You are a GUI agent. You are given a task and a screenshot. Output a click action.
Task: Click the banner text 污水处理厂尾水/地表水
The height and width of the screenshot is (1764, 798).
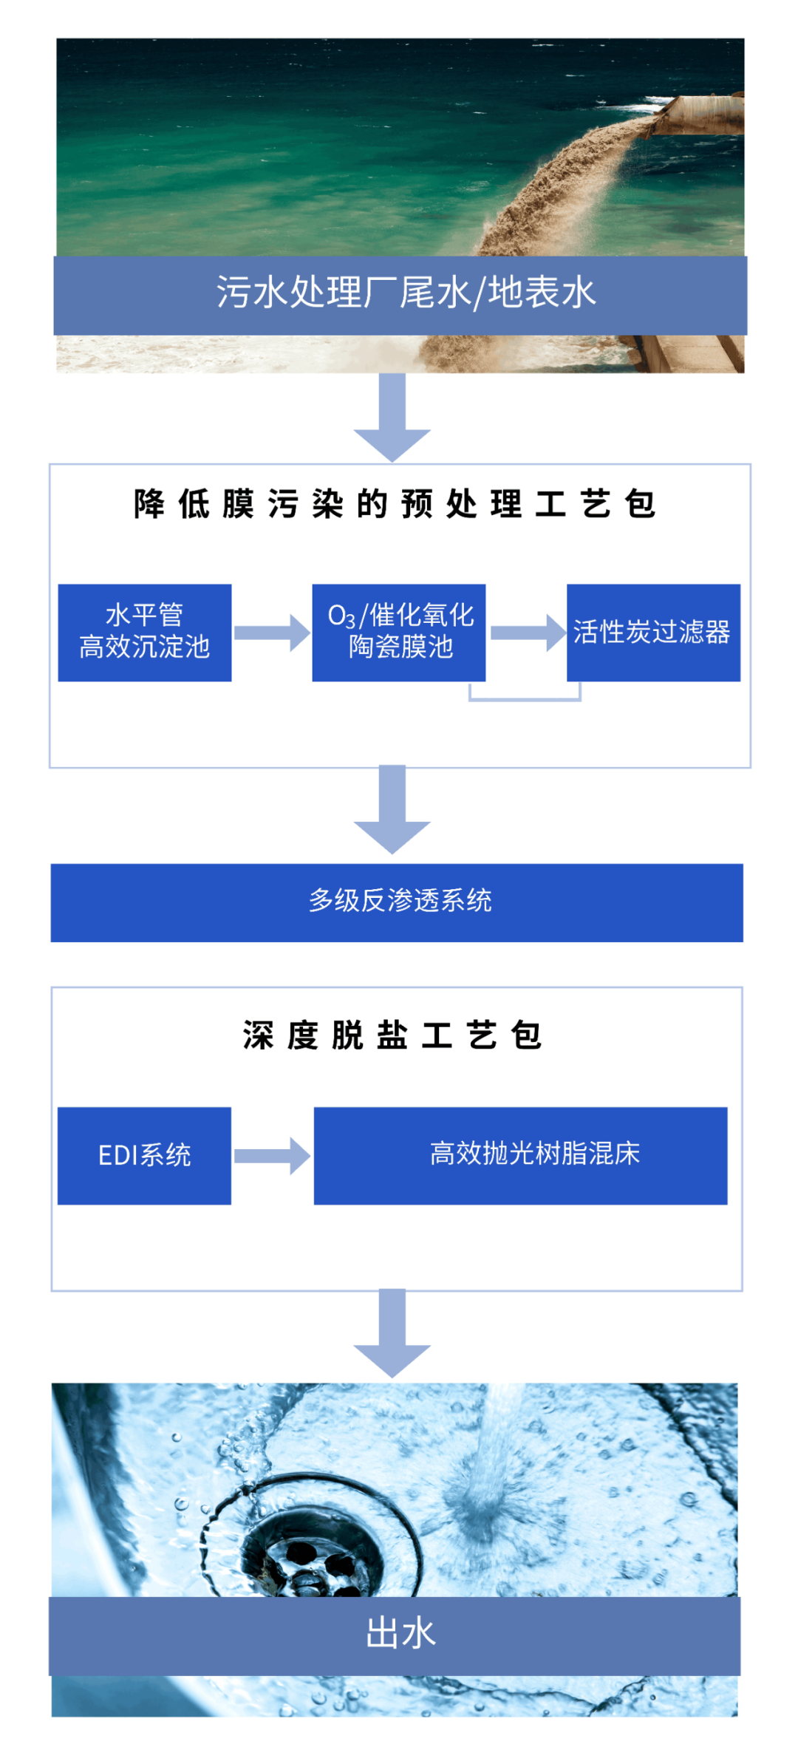click(x=405, y=293)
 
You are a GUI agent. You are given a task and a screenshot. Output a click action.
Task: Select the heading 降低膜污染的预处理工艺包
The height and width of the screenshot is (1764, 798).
click(x=395, y=505)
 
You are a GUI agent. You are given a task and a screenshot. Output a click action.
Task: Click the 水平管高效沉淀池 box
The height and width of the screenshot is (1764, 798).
click(x=145, y=633)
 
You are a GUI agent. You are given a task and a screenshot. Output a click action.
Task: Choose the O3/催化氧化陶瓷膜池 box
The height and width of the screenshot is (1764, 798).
click(x=399, y=633)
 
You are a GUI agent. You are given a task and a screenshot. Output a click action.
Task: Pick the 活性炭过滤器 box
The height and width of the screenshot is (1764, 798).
click(x=653, y=633)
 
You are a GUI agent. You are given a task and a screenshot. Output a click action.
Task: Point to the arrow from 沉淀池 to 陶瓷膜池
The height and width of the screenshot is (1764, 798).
click(x=272, y=633)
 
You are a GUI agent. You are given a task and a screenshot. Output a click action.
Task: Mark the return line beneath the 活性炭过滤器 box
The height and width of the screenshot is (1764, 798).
click(x=525, y=698)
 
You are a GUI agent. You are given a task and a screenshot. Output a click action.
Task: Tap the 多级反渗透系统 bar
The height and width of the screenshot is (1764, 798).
click(x=398, y=902)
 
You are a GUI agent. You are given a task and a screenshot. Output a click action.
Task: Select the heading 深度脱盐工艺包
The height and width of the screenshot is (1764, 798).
click(x=392, y=1035)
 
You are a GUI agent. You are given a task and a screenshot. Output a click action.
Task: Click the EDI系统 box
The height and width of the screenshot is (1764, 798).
click(x=145, y=1156)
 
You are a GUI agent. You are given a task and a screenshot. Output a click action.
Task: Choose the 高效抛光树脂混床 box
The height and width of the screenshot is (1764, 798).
click(x=520, y=1156)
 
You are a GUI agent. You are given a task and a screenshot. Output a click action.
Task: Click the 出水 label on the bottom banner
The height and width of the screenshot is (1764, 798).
click(x=400, y=1633)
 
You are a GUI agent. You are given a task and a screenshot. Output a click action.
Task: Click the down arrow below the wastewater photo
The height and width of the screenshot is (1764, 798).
click(x=392, y=418)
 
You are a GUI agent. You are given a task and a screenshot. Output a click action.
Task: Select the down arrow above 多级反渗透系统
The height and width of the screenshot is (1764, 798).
click(x=392, y=810)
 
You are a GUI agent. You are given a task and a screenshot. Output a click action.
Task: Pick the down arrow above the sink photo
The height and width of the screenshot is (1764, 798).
click(x=392, y=1333)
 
